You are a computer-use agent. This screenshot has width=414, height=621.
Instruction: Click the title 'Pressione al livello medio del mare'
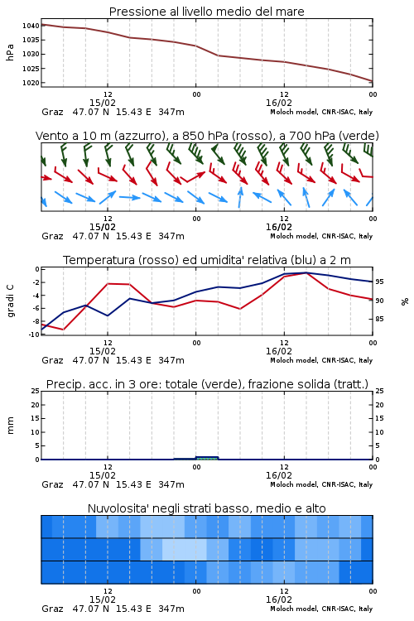207,12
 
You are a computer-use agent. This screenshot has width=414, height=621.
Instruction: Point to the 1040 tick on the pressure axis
31,26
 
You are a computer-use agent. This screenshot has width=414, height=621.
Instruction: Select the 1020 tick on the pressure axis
31,83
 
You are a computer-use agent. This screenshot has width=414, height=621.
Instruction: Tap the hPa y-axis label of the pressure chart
10,52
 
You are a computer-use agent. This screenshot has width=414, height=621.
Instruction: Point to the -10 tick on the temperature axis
34,335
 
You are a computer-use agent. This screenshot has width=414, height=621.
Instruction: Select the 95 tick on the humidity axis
379,282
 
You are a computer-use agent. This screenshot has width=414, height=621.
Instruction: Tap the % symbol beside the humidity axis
405,301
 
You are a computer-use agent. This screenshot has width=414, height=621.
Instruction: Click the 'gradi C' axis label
10,301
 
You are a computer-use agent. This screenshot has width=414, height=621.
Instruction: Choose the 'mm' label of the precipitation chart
10,425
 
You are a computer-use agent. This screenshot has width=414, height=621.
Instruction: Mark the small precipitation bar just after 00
207,458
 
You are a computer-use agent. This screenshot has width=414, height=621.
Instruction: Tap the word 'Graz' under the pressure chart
52,112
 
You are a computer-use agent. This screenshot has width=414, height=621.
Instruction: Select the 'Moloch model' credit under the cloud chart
294,609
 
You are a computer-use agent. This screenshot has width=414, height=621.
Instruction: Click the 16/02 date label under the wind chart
279,227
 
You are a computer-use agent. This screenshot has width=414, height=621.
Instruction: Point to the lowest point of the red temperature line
64,330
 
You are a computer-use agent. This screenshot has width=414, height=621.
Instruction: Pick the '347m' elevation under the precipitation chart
171,484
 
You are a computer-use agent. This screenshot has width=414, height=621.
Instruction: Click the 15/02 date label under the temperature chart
103,351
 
